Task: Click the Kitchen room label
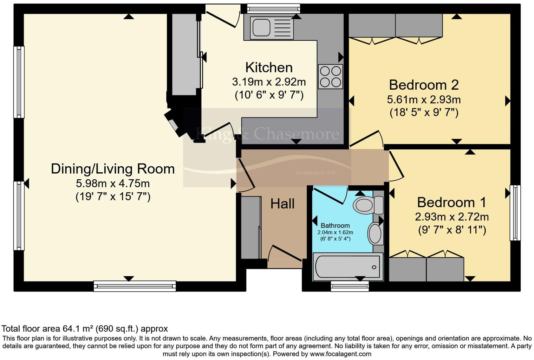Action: pyautogui.click(x=269, y=67)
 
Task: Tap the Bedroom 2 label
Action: pyautogui.click(x=424, y=85)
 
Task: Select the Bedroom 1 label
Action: pyautogui.click(x=451, y=202)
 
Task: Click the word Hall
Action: pyautogui.click(x=282, y=204)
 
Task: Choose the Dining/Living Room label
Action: pyautogui.click(x=113, y=169)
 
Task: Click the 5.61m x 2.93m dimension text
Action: pyautogui.click(x=424, y=100)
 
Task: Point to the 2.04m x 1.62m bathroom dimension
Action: pyautogui.click(x=335, y=232)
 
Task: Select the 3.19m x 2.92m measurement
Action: pyautogui.click(x=269, y=82)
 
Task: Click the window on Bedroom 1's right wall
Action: pyautogui.click(x=515, y=213)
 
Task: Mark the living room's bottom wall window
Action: pyautogui.click(x=135, y=286)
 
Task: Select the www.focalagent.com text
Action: pyautogui.click(x=340, y=354)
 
